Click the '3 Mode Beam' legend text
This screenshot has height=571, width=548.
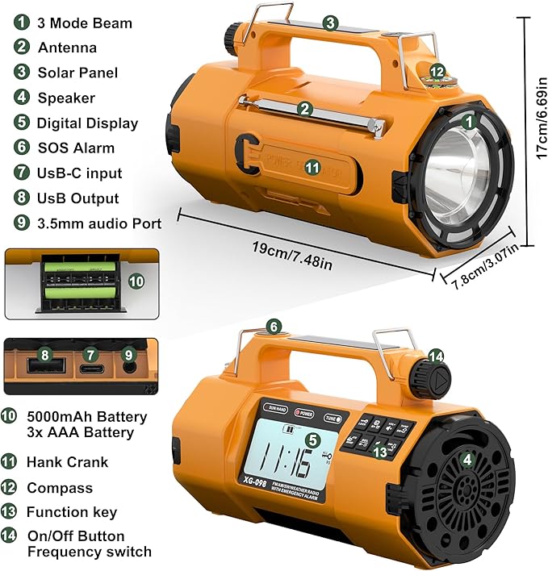coord(84,23)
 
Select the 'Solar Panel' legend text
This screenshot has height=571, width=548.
coord(77,73)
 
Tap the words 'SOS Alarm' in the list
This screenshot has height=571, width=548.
coord(76,148)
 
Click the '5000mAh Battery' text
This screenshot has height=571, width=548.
coord(87,417)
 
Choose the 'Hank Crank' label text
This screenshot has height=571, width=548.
coord(67,462)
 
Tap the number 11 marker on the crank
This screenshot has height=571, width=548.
coord(312,167)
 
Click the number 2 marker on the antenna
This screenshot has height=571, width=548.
coord(304,108)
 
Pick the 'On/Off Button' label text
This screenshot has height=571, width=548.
coord(76,536)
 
